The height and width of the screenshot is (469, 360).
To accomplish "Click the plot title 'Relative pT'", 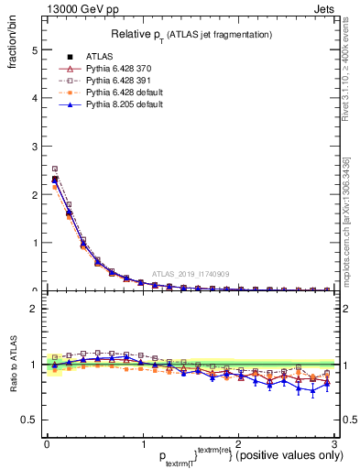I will (191, 34).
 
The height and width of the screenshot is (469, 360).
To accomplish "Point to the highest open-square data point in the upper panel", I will (55, 169).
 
